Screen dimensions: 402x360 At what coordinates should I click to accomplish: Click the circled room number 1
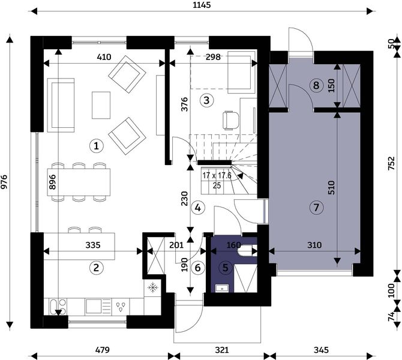tap(96, 146)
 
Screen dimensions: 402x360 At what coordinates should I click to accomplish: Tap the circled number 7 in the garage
tap(316, 207)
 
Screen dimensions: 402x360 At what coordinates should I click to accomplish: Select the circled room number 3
tap(206, 101)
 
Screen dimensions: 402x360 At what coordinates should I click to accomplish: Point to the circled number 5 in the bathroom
tap(225, 268)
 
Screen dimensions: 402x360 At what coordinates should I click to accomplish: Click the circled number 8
tap(316, 85)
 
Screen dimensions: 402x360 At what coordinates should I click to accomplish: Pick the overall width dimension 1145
tap(202, 5)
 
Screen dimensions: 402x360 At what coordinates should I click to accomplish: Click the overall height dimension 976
tap(5, 182)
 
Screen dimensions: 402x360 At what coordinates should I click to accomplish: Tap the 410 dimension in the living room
tap(104, 56)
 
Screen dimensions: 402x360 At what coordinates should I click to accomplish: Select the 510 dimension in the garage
tap(331, 187)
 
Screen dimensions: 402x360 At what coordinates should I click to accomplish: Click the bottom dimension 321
tap(222, 350)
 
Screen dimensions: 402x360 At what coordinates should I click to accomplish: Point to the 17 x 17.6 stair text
tap(217, 176)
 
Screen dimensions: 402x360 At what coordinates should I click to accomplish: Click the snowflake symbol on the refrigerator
tap(153, 287)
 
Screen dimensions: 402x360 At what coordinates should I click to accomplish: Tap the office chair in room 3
tap(231, 120)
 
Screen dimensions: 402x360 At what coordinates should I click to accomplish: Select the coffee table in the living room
tap(101, 105)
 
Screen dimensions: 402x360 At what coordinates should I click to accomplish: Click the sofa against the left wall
tap(61, 105)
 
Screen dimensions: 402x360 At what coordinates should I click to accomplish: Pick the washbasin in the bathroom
tap(222, 288)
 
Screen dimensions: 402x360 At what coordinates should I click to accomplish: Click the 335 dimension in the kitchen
tap(93, 245)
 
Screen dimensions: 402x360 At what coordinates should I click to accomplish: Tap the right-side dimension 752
tap(391, 163)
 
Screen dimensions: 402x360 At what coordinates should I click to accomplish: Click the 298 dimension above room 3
tap(213, 56)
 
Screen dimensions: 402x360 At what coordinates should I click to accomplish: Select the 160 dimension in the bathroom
tap(233, 245)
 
